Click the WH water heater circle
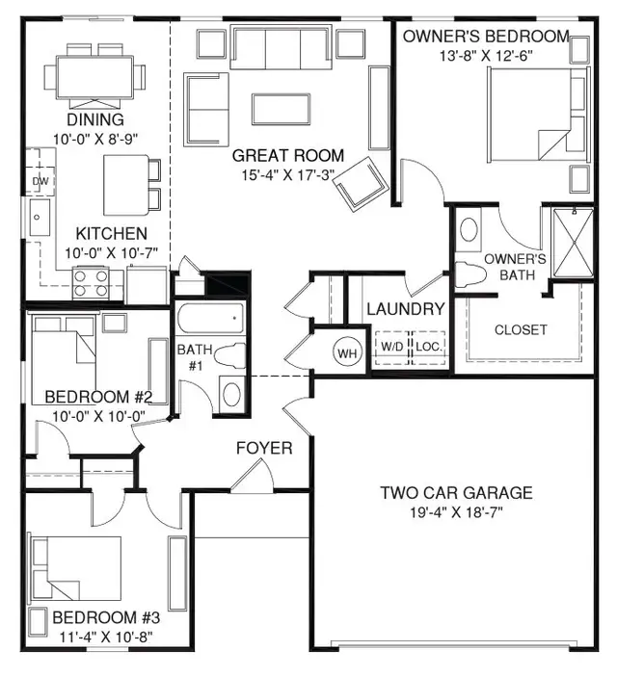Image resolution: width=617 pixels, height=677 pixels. pos(347,352)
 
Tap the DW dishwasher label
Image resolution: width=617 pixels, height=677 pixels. pos(40,181)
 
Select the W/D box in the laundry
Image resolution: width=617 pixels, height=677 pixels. pos(391,346)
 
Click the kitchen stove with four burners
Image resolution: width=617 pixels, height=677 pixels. pos(91,281)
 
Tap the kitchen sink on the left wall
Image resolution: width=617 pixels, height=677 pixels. pos(39,219)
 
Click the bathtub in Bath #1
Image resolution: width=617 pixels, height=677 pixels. pos(209,318)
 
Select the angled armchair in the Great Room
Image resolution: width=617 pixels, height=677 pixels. pos(361,183)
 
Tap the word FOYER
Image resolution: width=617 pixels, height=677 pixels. pos(264,449)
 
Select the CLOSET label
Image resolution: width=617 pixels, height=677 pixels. pos(521,329)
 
